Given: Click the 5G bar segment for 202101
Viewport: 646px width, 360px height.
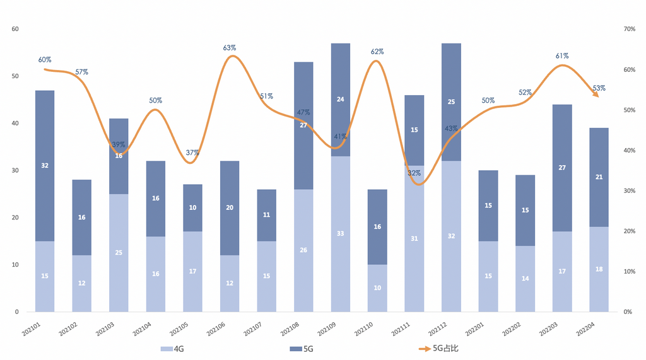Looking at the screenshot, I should tap(45, 166).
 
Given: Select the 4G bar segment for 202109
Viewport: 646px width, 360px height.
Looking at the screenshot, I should tap(341, 233).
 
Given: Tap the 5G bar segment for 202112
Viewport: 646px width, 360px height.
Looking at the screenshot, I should tap(451, 102).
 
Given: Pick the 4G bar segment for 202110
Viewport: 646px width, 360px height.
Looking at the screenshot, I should tap(377, 288).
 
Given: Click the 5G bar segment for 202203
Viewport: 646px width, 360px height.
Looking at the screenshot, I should tap(562, 168).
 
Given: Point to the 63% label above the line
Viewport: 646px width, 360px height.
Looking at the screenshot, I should tap(230, 48).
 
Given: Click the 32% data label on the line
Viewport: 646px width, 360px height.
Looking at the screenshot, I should tap(414, 173).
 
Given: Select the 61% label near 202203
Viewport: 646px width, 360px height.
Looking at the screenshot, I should tap(562, 56).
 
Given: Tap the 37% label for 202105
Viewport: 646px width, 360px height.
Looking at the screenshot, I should tap(192, 153).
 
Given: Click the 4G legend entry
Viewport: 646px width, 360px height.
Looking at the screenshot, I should tap(174, 348).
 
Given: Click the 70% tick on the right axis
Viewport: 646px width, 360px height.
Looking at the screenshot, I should tap(628, 29).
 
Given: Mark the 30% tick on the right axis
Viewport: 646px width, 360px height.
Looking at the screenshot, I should tap(628, 190).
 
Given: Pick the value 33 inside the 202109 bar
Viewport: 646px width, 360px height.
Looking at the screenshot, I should tap(341, 233).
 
